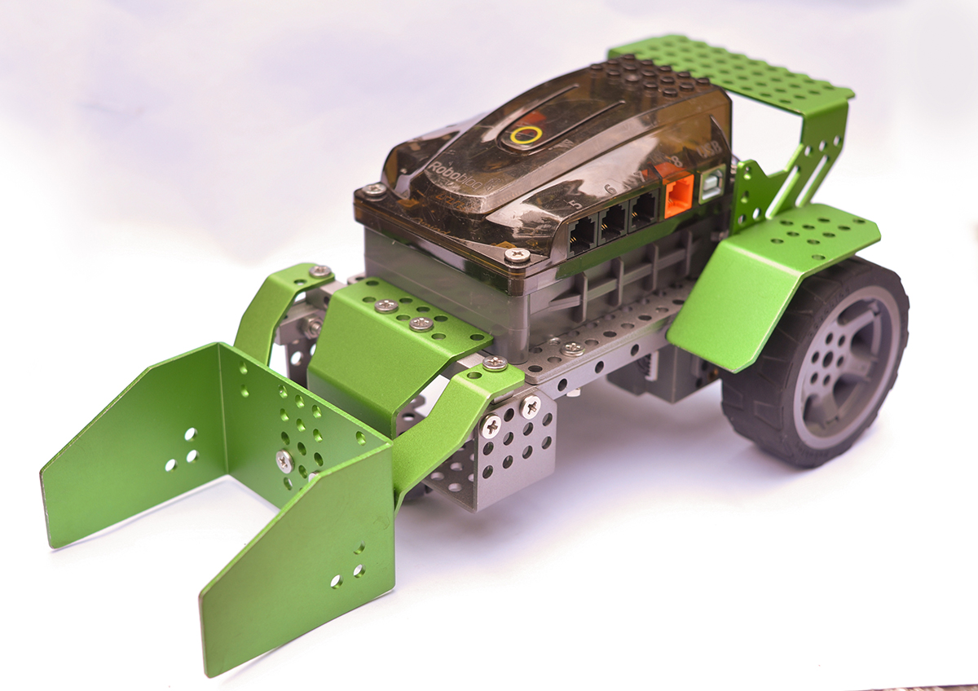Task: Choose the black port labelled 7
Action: tap(644, 209)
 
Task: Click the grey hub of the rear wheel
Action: tap(843, 363)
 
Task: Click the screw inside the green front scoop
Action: tap(284, 461)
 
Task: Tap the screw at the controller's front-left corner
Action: tap(374, 191)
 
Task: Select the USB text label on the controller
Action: tap(706, 152)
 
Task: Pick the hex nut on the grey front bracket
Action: tap(311, 327)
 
